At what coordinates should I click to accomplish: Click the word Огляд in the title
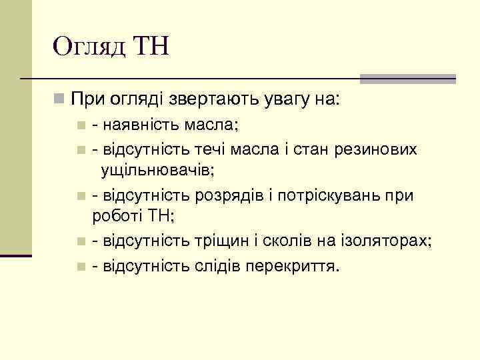tap(89, 47)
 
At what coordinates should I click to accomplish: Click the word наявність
tap(140, 125)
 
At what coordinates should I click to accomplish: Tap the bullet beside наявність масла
tap(81, 125)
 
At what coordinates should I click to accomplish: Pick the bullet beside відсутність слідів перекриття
tap(81, 267)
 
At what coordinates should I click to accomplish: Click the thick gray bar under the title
tap(407, 78)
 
